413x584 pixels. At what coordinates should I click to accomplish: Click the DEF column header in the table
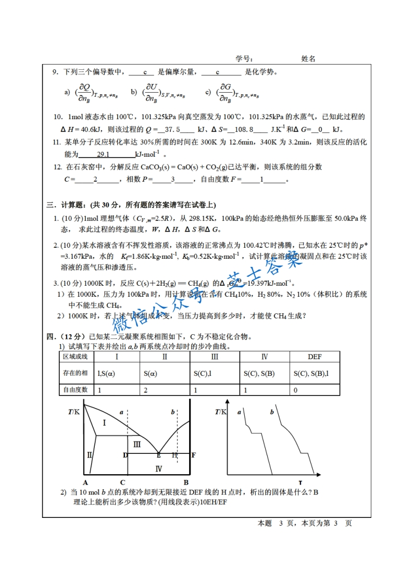[315, 357]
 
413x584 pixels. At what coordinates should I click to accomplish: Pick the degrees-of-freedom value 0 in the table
[295, 390]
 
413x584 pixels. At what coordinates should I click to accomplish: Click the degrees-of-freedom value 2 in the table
[145, 390]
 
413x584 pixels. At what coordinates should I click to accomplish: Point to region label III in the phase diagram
[137, 444]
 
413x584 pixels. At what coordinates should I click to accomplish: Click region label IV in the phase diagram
[159, 468]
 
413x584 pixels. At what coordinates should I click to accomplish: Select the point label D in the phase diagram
[125, 455]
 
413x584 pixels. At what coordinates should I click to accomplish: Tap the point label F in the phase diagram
[193, 455]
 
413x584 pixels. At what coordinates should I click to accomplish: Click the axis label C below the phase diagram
[122, 482]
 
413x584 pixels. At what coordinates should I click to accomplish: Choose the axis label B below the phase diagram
[186, 482]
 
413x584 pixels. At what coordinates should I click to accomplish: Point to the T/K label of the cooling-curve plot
[221, 412]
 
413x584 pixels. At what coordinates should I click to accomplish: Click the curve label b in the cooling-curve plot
[272, 412]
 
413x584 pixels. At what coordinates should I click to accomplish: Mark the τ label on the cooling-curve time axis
[301, 481]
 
